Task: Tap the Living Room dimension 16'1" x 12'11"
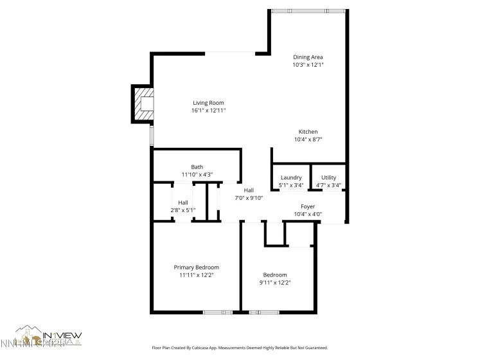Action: pyautogui.click(x=208, y=111)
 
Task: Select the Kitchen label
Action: pyautogui.click(x=308, y=132)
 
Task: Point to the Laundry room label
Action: pyautogui.click(x=291, y=178)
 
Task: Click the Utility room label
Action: pyautogui.click(x=328, y=178)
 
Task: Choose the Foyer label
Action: pyautogui.click(x=308, y=206)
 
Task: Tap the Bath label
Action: pyautogui.click(x=197, y=166)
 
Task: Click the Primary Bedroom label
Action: pyautogui.click(x=197, y=267)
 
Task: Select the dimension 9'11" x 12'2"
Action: pyautogui.click(x=275, y=282)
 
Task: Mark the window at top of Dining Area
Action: pyautogui.click(x=308, y=11)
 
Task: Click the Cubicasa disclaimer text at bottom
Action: pyautogui.click(x=240, y=348)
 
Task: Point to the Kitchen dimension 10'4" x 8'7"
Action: pyautogui.click(x=308, y=139)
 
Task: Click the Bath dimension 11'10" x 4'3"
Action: pyautogui.click(x=197, y=174)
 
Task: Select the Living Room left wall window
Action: pyautogui.click(x=152, y=135)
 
